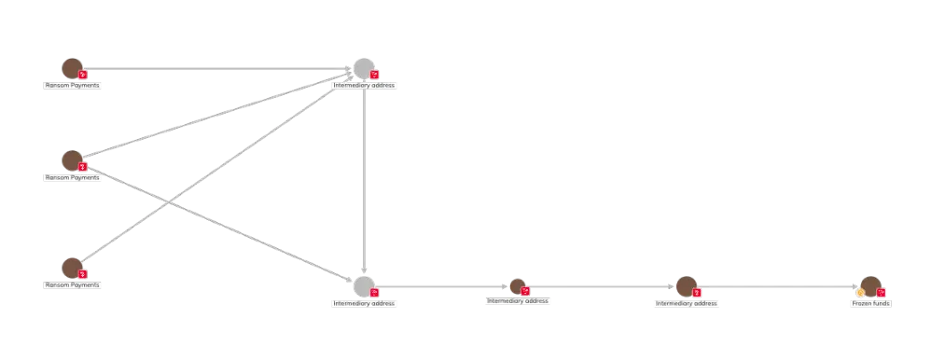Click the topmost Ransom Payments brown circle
[x=71, y=68]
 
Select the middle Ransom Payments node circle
[x=71, y=159]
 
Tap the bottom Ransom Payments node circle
[x=71, y=267]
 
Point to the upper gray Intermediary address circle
[x=364, y=68]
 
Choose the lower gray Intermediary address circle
[x=364, y=286]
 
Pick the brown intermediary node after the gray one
[x=517, y=286]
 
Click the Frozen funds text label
[x=871, y=304]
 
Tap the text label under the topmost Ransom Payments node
[x=73, y=85]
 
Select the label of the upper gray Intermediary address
[x=366, y=85]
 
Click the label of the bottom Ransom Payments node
[x=73, y=284]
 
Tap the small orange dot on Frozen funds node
[x=860, y=293]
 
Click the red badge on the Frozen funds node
[x=882, y=293]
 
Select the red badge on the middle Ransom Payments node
[x=83, y=167]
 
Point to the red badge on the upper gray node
[x=375, y=74]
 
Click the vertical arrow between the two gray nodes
[x=361, y=177]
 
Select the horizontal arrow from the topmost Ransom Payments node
[x=215, y=70]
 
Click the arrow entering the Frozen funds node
[x=774, y=287]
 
